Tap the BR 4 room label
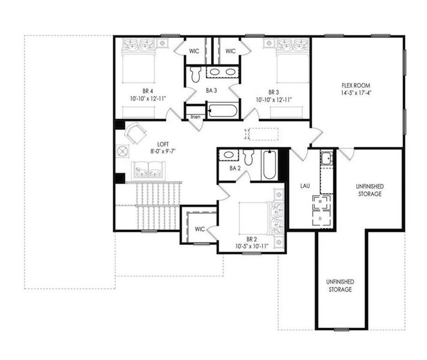pyautogui.click(x=145, y=92)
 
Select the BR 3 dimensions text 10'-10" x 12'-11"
pyautogui.click(x=274, y=100)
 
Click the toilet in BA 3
pyautogui.click(x=195, y=74)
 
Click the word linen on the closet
pyautogui.click(x=195, y=116)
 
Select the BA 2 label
pyautogui.click(x=235, y=169)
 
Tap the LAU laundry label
pyautogui.click(x=305, y=185)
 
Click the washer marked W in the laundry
pyautogui.click(x=321, y=200)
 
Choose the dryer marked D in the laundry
pyautogui.click(x=321, y=218)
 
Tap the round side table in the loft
pyautogui.click(x=124, y=151)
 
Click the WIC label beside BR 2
pyautogui.click(x=199, y=229)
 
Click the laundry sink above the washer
pyautogui.click(x=326, y=160)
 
